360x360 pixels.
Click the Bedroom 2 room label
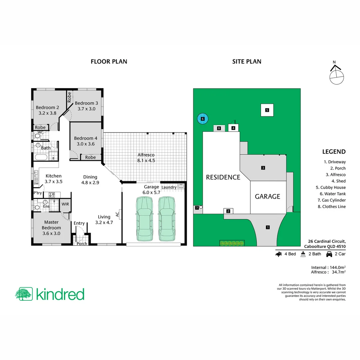[47, 110]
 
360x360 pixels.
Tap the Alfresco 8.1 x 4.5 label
[146, 158]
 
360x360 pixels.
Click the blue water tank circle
[202, 118]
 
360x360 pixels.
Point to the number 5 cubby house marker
[267, 110]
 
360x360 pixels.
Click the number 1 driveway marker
[267, 227]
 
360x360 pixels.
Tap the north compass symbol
[336, 74]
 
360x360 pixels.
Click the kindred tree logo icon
[24, 294]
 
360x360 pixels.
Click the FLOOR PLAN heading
[109, 61]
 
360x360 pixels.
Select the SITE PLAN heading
[247, 61]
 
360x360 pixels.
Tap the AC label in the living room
[117, 214]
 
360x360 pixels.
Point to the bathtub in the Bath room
[41, 157]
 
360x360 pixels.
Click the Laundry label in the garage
[169, 187]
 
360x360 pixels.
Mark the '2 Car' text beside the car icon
[340, 254]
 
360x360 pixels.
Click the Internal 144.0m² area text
[328, 267]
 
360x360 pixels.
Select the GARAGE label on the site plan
[267, 196]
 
